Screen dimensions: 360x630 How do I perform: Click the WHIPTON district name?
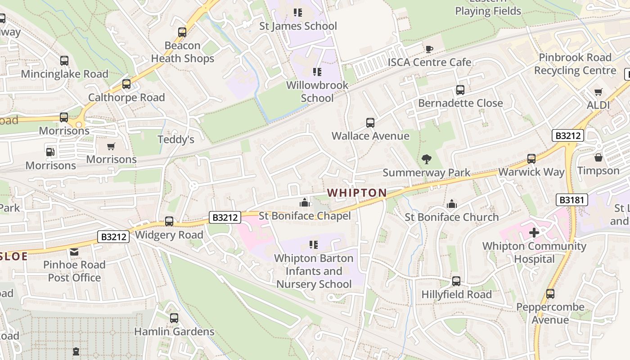[x=357, y=193]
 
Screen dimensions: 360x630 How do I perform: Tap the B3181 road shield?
[x=571, y=200]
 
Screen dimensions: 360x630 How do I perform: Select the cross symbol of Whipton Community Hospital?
[x=534, y=233]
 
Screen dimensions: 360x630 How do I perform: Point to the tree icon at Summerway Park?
[x=426, y=159]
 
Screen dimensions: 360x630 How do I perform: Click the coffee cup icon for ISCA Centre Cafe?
[x=429, y=49]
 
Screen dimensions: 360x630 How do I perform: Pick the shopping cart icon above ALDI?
[x=598, y=92]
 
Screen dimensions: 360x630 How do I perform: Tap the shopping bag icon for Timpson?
[x=598, y=157]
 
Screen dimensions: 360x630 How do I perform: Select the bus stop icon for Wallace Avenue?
[x=370, y=122]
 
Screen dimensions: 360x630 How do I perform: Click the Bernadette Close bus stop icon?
[x=460, y=90]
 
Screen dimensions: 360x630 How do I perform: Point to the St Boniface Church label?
[x=451, y=217]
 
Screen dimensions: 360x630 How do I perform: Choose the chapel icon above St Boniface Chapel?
[x=305, y=202]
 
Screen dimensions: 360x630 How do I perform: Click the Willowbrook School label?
[x=317, y=91]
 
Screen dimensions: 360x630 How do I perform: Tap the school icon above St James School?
[x=298, y=13]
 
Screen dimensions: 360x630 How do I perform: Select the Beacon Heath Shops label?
[x=182, y=52]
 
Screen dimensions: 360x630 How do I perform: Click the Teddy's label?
[x=176, y=139]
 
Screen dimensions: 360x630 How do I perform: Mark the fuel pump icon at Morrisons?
[x=50, y=152]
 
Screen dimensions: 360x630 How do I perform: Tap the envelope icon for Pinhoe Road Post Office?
[x=74, y=252]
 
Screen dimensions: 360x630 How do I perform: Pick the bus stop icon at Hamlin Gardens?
[x=174, y=318]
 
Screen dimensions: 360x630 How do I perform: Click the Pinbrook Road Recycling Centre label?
[x=575, y=64]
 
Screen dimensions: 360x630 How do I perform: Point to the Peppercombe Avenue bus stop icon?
[x=550, y=294]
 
